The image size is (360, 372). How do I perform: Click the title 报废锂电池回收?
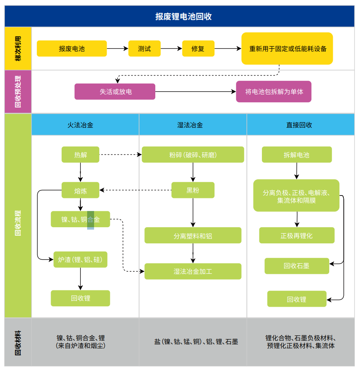click(180, 17)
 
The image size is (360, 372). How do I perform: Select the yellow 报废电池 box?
click(72, 49)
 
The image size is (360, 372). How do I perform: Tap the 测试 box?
click(144, 49)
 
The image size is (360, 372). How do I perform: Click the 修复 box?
click(198, 49)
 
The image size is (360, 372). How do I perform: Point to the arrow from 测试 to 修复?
click(171, 49)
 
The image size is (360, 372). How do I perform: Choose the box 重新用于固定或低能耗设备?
click(287, 49)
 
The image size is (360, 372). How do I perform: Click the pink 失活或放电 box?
click(115, 92)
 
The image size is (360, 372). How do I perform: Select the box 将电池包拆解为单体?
click(274, 92)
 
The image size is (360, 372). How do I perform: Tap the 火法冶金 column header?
click(80, 125)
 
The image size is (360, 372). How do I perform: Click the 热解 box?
click(80, 155)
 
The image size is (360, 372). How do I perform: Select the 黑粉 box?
click(193, 190)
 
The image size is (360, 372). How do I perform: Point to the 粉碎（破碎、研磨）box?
click(193, 155)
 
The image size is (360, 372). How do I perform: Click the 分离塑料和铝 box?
click(193, 236)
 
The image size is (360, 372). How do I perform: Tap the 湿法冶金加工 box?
click(193, 271)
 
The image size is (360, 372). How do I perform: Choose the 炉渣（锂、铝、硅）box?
click(80, 260)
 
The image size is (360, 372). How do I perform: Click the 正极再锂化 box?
click(297, 236)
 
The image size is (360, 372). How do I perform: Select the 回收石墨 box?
click(296, 266)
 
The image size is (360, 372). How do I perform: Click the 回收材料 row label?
click(18, 343)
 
